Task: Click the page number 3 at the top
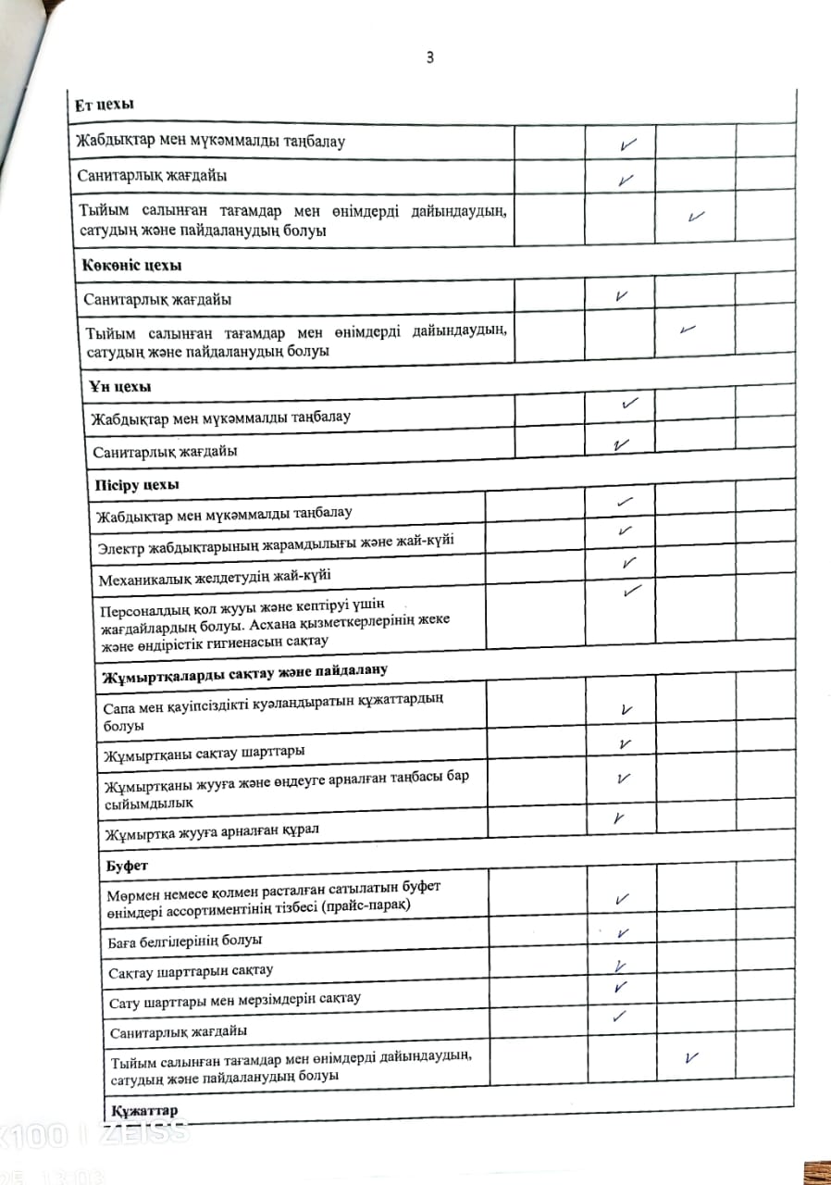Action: click(429, 57)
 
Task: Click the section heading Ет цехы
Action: click(105, 106)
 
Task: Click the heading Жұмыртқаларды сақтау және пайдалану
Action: click(244, 670)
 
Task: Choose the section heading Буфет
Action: click(125, 866)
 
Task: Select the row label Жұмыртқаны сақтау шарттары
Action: click(205, 751)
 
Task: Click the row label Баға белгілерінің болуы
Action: click(185, 940)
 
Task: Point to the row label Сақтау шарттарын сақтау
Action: click(192, 970)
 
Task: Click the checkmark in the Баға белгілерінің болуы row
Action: click(623, 934)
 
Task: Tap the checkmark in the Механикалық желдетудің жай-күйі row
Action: click(629, 562)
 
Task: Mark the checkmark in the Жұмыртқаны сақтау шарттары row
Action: click(625, 743)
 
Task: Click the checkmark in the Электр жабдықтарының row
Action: click(626, 530)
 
